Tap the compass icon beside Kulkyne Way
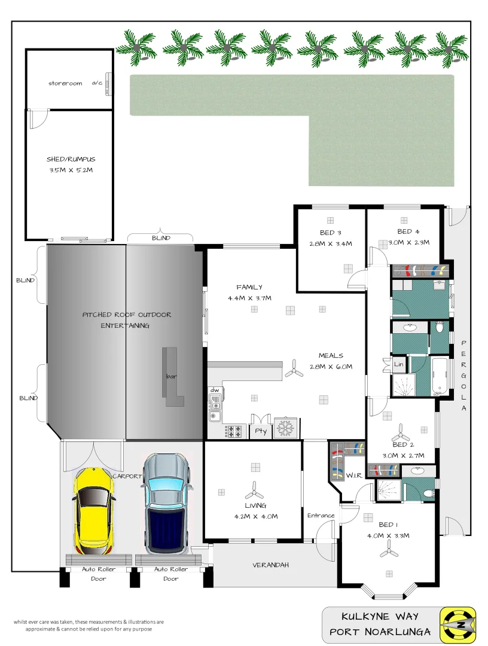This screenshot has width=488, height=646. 457,624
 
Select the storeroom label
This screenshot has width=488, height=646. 65,84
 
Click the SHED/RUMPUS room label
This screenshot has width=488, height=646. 71,160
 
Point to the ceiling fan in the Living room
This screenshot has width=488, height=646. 254,491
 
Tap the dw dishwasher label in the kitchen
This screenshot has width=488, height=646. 214,390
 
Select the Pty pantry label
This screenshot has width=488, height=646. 260,431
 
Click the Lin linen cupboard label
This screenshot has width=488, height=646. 398,364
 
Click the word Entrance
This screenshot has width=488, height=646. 321,516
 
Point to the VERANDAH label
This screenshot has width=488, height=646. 270,565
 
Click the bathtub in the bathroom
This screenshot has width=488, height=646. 441,377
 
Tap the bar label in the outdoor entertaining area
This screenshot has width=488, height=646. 171,377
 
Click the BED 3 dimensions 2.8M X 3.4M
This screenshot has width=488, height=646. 331,243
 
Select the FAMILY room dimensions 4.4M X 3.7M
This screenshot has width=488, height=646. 249,298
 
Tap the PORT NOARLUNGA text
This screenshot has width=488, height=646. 380,632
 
